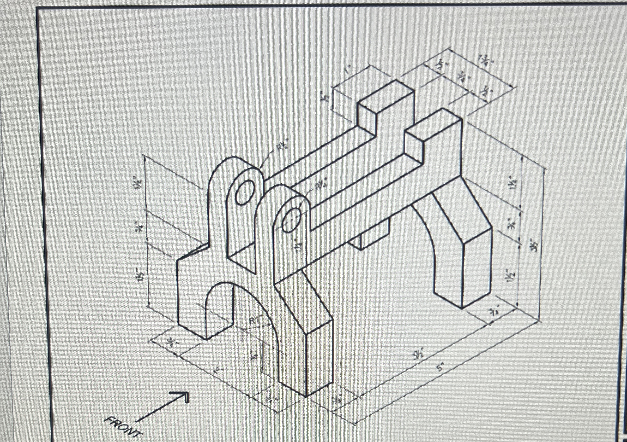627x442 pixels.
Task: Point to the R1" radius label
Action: click(255, 320)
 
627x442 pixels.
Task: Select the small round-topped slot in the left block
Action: click(219, 309)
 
